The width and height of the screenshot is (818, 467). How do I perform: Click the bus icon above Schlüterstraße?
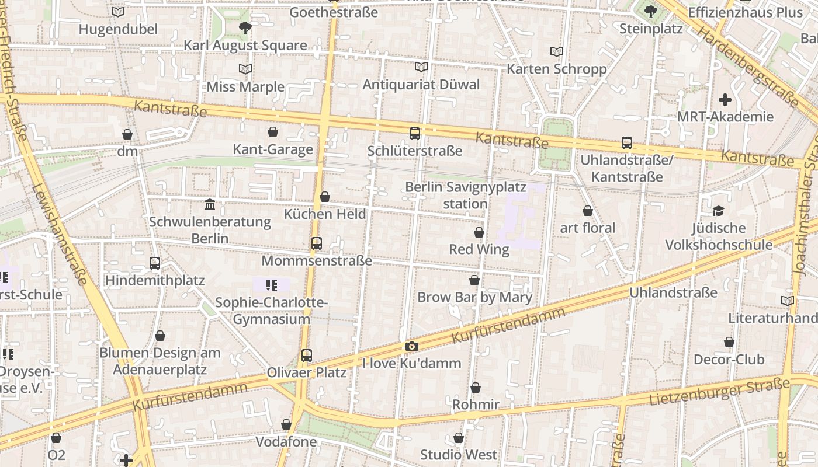(x=415, y=134)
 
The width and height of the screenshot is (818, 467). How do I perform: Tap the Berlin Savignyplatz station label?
(x=465, y=196)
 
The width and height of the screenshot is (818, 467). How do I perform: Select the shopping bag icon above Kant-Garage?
(x=272, y=133)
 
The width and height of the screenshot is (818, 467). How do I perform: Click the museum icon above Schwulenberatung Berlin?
(x=210, y=205)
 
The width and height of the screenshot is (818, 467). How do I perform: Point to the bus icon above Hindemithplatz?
(x=155, y=263)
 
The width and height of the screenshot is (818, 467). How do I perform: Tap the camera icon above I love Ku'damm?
(x=412, y=346)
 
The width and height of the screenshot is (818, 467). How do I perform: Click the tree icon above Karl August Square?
(x=245, y=27)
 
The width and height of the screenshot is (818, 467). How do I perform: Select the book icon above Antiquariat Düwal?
(x=421, y=67)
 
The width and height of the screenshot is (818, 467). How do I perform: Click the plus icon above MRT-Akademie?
(x=725, y=100)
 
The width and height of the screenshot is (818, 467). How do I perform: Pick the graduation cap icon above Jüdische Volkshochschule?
(x=718, y=211)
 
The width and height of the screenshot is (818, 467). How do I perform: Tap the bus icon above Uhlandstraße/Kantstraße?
(x=627, y=143)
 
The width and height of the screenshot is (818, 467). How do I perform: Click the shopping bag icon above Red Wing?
(x=479, y=232)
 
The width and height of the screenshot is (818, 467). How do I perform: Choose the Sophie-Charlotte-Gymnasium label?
(x=271, y=311)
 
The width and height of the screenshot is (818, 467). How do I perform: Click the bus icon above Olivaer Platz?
(x=307, y=355)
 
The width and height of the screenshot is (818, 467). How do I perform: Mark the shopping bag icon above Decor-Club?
(x=729, y=342)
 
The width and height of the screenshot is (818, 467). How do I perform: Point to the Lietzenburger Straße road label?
(x=719, y=392)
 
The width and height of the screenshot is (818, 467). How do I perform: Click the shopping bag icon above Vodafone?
(x=286, y=424)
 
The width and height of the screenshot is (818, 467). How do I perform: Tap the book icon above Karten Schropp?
(x=557, y=52)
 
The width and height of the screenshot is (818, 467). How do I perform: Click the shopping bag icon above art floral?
(x=588, y=211)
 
